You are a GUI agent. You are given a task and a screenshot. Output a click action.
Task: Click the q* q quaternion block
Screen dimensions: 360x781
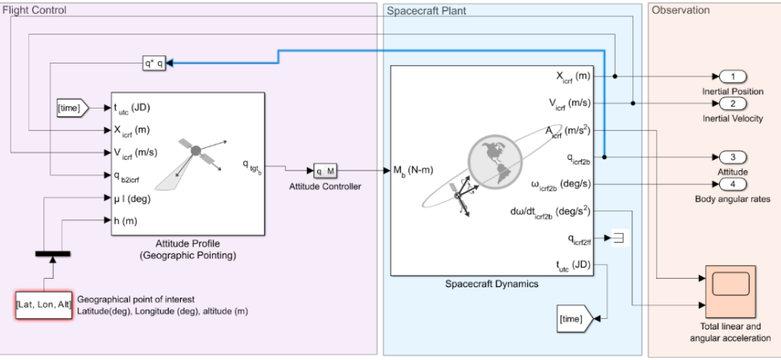154,62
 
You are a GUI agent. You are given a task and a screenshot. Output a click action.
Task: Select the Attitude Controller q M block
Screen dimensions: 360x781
323,170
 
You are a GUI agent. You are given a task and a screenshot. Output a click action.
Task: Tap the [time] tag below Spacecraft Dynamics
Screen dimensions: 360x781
574,319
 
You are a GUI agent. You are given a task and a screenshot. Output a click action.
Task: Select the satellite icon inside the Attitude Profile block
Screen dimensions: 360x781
194,153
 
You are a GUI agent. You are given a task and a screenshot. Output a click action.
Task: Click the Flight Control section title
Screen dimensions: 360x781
35,10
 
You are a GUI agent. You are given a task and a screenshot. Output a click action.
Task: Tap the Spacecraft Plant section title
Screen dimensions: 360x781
427,10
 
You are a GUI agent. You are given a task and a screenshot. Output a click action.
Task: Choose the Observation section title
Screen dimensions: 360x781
681,10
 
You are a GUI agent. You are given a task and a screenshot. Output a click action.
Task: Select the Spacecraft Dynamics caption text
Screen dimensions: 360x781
492,284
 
